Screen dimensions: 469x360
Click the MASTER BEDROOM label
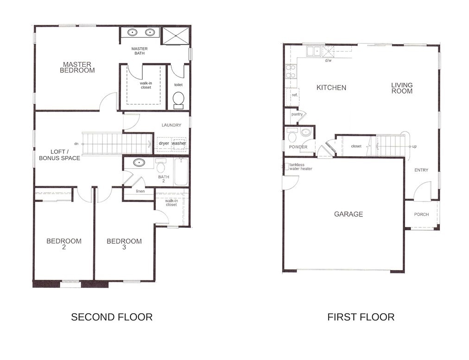77,67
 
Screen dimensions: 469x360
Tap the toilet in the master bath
178,100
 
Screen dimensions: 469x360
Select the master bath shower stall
176,36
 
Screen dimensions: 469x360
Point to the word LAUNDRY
171,125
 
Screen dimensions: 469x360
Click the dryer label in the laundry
164,143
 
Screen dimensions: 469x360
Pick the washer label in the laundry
179,143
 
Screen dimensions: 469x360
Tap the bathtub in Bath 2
181,172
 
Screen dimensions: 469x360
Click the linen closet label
140,191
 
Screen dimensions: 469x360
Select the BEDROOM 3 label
124,244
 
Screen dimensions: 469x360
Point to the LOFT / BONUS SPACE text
59,155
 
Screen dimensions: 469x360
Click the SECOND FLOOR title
112,317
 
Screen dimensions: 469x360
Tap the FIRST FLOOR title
361,317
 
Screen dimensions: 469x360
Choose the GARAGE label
349,214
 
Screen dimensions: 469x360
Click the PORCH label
421,215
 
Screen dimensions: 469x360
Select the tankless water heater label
301,166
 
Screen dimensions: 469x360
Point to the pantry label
297,114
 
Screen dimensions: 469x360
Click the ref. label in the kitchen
295,95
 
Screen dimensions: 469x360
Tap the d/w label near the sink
328,60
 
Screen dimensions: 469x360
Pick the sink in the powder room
305,132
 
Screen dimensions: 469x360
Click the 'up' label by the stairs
414,146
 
